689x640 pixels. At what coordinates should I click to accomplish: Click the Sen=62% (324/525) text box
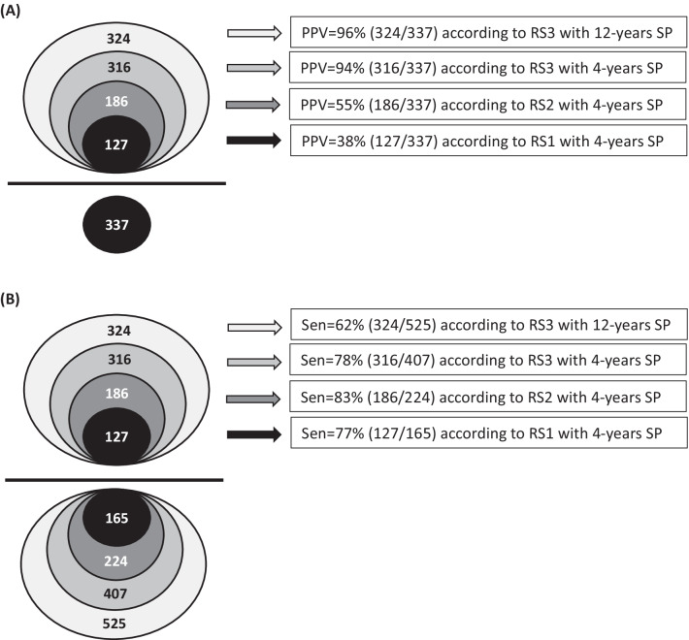(x=487, y=326)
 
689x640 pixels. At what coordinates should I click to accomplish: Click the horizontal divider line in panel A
(x=116, y=182)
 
